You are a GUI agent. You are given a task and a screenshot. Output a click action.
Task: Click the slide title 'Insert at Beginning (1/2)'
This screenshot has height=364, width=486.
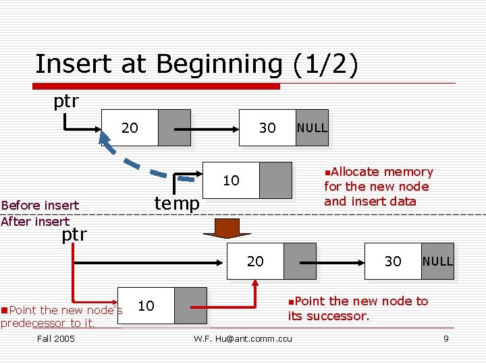coord(196,64)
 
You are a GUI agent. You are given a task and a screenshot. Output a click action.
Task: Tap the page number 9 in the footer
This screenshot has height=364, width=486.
coord(446,338)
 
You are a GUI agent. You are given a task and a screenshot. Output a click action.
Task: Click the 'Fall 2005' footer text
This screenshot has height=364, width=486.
coord(56,338)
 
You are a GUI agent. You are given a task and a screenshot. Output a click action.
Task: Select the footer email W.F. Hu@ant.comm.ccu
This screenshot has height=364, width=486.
coord(243,338)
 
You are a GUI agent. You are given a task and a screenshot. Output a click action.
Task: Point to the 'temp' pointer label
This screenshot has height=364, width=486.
coord(177,202)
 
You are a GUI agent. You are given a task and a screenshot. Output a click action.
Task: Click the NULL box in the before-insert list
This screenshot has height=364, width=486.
coord(312,127)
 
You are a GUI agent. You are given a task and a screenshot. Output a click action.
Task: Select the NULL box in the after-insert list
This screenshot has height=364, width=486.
coord(437,261)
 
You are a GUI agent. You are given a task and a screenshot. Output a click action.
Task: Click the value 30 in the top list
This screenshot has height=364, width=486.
coord(267,127)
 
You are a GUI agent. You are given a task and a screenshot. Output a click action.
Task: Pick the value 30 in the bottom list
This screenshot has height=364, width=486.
coord(393,261)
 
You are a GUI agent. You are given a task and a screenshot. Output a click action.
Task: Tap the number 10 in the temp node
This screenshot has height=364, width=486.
coord(231,180)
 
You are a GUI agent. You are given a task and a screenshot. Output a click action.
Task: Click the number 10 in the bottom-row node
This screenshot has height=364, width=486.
coord(146,305)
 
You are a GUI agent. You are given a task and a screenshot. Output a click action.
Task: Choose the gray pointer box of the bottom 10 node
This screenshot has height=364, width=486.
coord(190,305)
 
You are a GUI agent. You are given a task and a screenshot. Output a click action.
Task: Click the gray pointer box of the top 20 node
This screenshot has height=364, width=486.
coord(174,127)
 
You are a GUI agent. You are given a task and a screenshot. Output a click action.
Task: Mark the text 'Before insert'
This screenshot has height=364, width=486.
coord(40,205)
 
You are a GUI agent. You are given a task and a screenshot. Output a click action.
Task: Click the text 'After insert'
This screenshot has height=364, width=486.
coord(35,221)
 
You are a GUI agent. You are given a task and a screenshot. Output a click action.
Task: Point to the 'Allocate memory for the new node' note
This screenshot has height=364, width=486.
coord(378,187)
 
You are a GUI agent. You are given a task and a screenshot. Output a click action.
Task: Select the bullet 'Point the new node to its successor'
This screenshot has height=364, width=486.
coord(358,308)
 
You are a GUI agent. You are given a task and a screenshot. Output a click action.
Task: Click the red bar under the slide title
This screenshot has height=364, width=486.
coord(159,86)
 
